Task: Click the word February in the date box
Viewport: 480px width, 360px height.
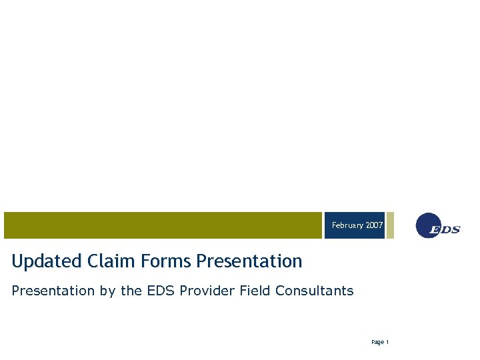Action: point(348,226)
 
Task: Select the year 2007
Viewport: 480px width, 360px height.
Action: point(375,226)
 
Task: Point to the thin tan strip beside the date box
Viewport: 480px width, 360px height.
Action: point(390,225)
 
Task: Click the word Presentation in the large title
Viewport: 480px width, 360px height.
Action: point(249,261)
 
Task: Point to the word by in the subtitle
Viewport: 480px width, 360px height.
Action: point(106,291)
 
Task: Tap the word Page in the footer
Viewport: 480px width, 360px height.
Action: point(377,343)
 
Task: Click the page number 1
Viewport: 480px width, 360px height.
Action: point(387,343)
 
